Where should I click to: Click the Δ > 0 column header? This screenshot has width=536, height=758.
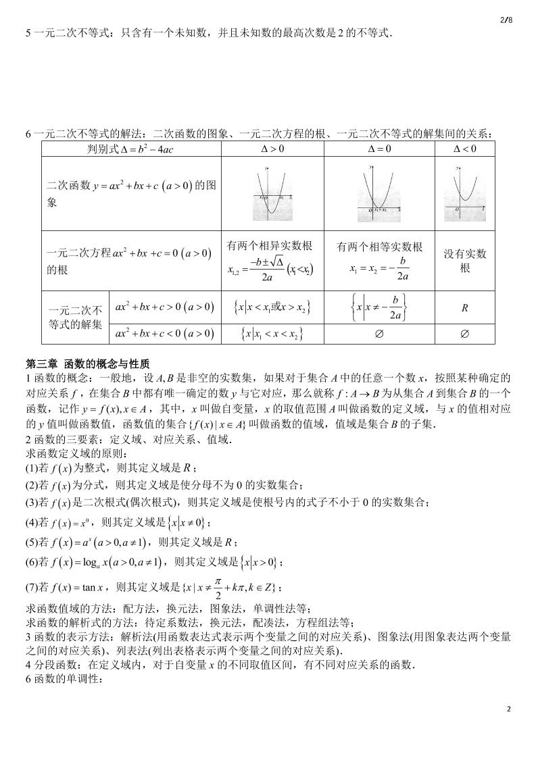tap(272, 149)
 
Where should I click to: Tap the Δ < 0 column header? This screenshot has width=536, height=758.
tap(464, 149)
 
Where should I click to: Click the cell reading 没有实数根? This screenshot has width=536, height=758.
tap(464, 261)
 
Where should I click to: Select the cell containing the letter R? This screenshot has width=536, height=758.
tap(464, 308)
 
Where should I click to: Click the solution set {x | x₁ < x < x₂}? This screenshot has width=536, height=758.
tap(272, 334)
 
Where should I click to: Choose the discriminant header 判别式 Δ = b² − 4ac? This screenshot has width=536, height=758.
tap(131, 149)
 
